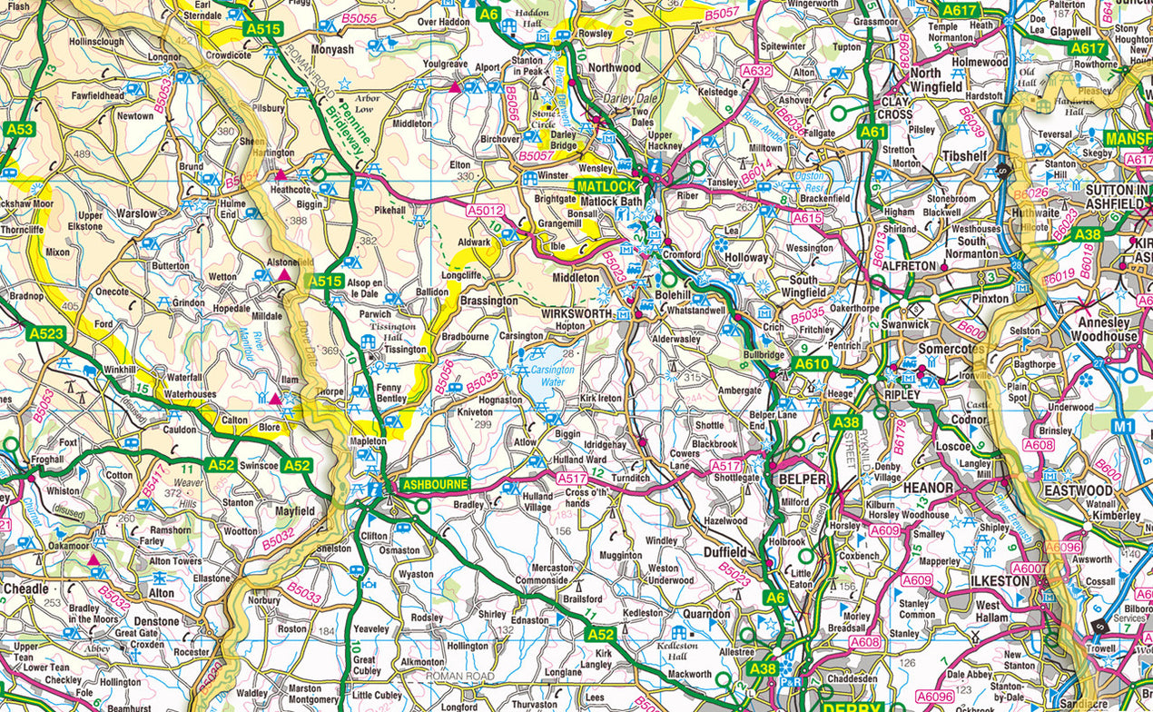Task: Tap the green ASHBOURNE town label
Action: point(435,485)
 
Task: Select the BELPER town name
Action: point(802,479)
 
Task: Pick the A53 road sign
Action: point(18,129)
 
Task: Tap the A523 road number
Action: point(46,334)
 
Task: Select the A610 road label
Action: point(813,364)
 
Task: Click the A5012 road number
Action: point(485,211)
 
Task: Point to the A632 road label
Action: point(756,70)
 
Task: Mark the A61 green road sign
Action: point(872,132)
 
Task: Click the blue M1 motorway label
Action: point(1124,426)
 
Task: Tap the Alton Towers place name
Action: point(175,561)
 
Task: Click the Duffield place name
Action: point(725,551)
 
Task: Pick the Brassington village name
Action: point(488,301)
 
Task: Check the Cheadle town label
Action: point(25,588)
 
